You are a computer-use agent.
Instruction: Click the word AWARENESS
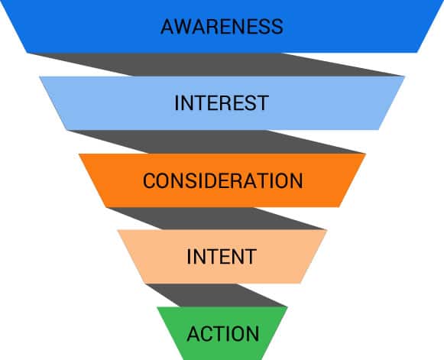click(222, 27)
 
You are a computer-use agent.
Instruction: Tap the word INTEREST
click(222, 103)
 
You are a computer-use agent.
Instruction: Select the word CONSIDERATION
click(222, 180)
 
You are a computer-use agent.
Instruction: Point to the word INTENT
click(222, 257)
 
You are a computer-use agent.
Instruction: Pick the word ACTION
click(223, 334)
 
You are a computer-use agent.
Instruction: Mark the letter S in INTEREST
click(250, 103)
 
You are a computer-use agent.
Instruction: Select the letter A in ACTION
click(193, 334)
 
